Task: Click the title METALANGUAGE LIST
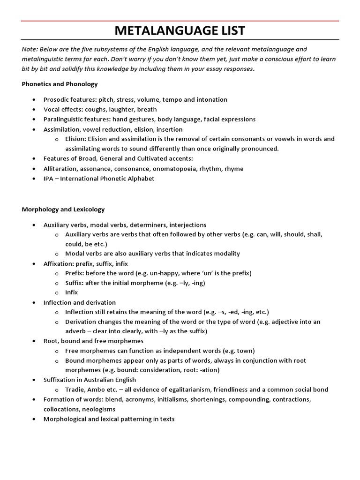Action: pyautogui.click(x=180, y=31)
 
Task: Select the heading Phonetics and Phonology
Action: pyautogui.click(x=60, y=84)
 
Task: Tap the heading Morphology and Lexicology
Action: pyautogui.click(x=63, y=209)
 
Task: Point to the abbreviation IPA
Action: pyautogui.click(x=49, y=179)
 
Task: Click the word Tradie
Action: pyautogui.click(x=75, y=390)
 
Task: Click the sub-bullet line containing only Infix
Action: pyautogui.click(x=71, y=292)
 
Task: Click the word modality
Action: pyautogui.click(x=226, y=254)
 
